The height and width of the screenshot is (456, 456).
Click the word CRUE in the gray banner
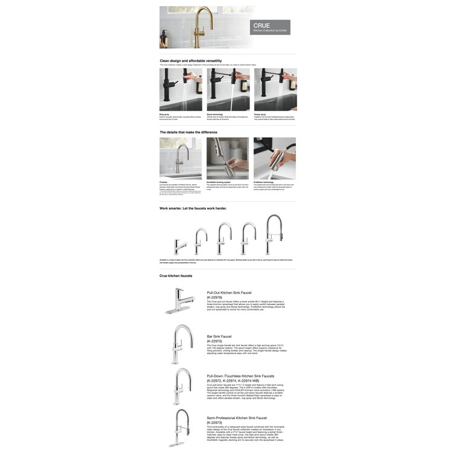click(261, 25)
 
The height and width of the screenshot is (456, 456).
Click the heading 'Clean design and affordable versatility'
click(190, 61)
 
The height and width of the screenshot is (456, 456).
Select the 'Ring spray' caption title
click(165, 113)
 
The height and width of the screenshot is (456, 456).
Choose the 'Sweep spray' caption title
click(262, 113)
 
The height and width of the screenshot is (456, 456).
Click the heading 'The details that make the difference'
click(188, 132)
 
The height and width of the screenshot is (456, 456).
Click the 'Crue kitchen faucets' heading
click(176, 275)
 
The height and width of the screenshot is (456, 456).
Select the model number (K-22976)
click(215, 297)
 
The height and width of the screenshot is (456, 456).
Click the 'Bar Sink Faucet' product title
click(219, 336)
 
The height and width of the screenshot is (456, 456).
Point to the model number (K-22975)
click(215, 341)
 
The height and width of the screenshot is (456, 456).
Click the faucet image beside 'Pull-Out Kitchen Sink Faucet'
click(179, 301)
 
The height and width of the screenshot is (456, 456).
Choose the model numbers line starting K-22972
click(237, 381)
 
